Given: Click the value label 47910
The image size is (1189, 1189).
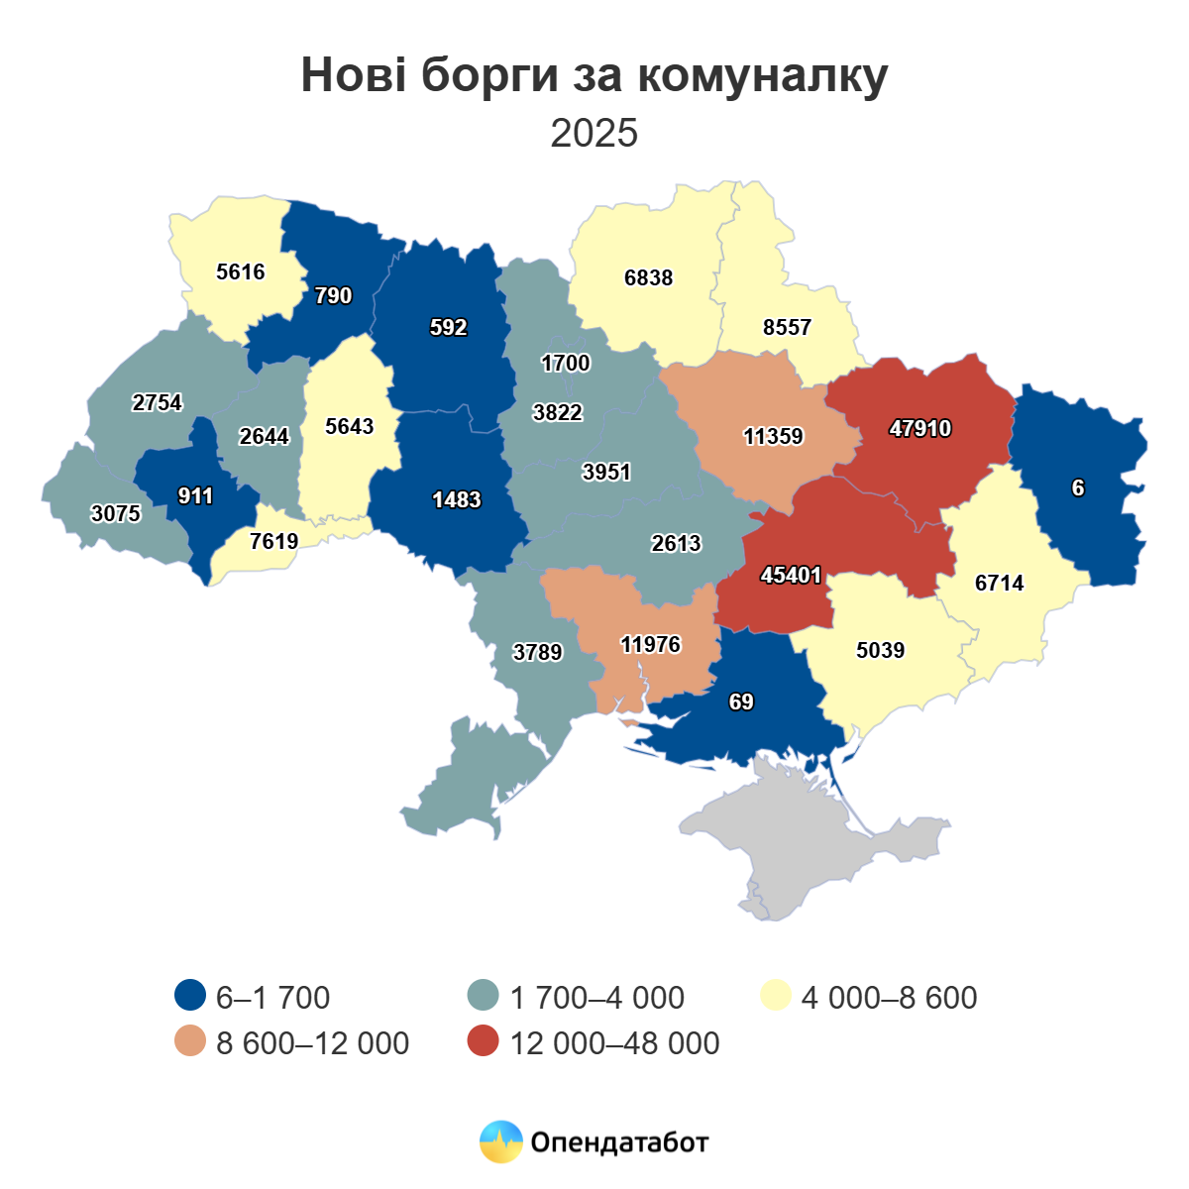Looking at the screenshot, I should [x=919, y=428].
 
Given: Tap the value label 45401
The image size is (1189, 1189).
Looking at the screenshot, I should [x=791, y=575].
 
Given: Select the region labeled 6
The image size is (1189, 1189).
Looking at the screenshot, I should [x=1078, y=487].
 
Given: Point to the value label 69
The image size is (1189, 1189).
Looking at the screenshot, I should [x=741, y=702].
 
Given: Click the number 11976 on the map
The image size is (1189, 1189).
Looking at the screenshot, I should [x=650, y=644].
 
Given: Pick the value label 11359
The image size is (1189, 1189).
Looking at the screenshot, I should [x=773, y=436].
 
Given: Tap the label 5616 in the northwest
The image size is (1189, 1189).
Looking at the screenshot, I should [x=240, y=271].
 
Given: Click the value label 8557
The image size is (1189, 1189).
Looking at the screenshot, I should [x=787, y=327].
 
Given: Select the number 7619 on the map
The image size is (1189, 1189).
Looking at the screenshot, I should [x=273, y=541].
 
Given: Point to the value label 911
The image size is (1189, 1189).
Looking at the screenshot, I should [x=195, y=495].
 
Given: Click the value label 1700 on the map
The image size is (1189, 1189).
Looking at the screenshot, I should [x=565, y=363].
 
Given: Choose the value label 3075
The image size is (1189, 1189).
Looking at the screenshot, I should [x=115, y=513].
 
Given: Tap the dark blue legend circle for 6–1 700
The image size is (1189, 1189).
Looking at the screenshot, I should [x=189, y=996].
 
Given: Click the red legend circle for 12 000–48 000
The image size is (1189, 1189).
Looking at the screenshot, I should [x=483, y=1041].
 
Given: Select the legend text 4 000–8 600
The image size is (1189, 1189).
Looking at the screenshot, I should [x=889, y=997].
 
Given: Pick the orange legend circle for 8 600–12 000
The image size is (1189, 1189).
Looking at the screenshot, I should [x=189, y=1041].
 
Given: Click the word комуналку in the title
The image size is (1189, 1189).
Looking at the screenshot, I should [x=762, y=75].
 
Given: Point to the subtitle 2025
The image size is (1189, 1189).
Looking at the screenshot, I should [x=594, y=133].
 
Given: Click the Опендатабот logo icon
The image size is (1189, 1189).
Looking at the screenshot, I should [x=500, y=1141].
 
